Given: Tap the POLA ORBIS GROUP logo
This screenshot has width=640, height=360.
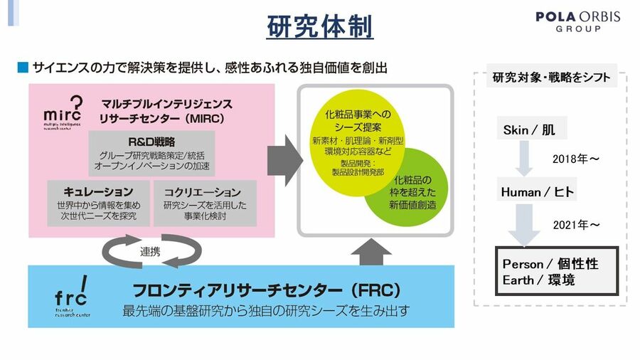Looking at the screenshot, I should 577,21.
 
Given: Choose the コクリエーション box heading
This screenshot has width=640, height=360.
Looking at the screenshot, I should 203,191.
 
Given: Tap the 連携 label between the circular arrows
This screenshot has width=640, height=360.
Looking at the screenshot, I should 149,251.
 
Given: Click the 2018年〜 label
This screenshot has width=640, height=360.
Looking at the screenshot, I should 576,159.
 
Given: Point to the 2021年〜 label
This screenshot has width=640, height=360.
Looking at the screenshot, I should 576,225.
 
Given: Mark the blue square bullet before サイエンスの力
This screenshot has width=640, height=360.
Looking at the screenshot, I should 23,68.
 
